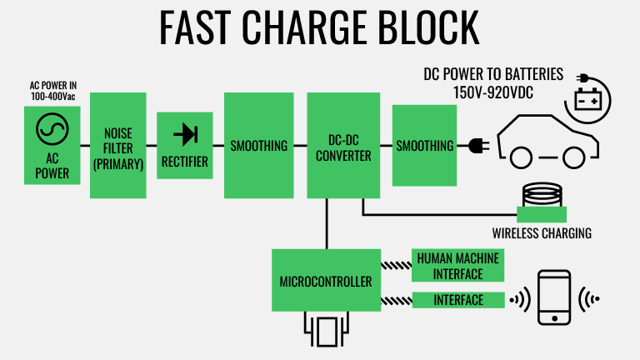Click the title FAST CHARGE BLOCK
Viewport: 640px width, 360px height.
pos(319,27)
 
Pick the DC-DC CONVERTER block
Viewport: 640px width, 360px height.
pos(337,145)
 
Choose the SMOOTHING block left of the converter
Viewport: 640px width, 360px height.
pos(257,145)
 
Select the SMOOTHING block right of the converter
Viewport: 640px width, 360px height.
pos(425,145)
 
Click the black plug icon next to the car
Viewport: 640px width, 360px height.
pos(477,146)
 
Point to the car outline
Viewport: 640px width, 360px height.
pos(546,137)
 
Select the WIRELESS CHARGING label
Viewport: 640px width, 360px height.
pos(542,233)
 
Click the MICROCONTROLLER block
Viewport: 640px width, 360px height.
pos(326,282)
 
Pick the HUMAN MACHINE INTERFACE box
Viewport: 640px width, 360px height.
pos(459,265)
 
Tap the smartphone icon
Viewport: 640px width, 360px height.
pos(553,297)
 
